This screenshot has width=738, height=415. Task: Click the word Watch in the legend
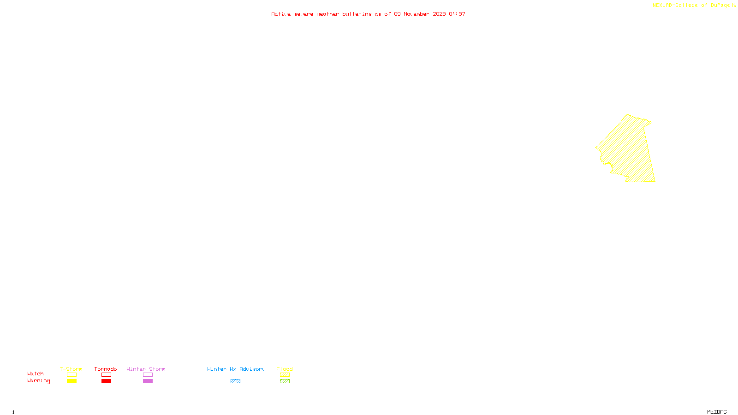[x=36, y=374]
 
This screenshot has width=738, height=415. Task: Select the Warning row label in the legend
[x=38, y=381]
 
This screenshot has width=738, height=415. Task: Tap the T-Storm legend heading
[x=71, y=369]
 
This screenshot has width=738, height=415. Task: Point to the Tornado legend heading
[x=106, y=369]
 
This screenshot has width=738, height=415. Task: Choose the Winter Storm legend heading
[x=146, y=369]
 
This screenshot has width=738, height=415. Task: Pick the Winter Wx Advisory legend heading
[x=236, y=369]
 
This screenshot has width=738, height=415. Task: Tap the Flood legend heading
[x=285, y=369]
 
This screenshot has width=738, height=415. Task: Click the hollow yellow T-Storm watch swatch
[x=71, y=375]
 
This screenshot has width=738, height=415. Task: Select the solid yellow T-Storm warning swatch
[x=71, y=381]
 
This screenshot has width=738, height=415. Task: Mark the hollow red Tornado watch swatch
[x=106, y=375]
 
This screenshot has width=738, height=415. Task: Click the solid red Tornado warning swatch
[x=106, y=381]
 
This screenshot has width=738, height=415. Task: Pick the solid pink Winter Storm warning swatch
[x=148, y=381]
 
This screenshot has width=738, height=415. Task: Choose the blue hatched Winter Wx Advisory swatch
[x=235, y=381]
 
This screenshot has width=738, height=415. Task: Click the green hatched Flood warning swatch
[x=285, y=381]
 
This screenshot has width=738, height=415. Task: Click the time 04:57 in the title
[x=457, y=14]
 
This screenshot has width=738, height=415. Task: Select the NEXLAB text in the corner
[x=662, y=6]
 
